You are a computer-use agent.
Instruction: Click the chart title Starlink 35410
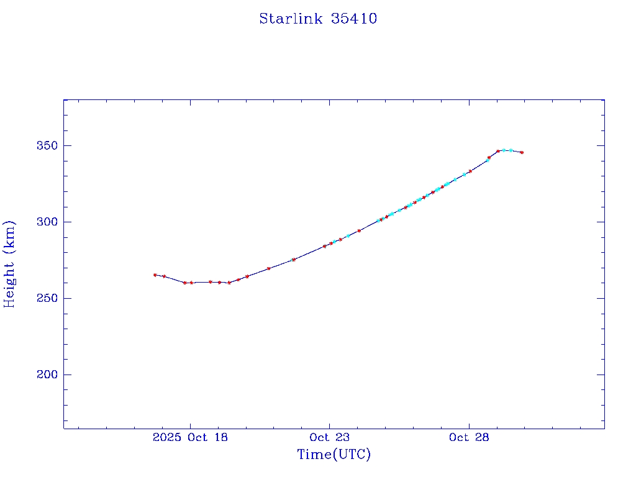pos(318,19)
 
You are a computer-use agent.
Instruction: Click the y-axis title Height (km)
pos(9,263)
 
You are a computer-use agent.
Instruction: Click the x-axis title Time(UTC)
pos(334,455)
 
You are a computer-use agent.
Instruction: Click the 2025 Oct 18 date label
pos(189,437)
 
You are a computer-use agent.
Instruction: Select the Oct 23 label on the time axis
pos(329,437)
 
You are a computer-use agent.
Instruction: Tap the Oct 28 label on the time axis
pos(468,437)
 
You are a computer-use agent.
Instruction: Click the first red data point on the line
pos(155,275)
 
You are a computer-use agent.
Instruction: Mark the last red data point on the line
pos(522,152)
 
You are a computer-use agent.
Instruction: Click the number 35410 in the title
pos(354,19)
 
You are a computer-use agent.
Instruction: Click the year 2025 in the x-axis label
pos(166,437)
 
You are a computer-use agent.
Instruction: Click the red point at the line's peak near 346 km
pos(498,151)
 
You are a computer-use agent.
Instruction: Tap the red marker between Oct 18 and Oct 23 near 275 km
pos(293,260)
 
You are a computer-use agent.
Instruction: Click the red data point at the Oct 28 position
pos(470,171)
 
